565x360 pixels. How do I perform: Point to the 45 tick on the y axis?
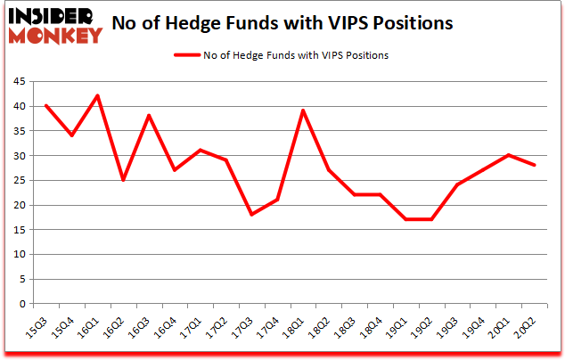point(19,82)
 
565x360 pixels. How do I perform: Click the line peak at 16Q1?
point(97,95)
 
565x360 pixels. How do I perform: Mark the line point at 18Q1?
point(304,110)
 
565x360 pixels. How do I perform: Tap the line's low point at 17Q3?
point(252,214)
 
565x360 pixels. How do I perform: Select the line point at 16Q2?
point(123,180)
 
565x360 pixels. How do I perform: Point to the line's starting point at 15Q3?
point(45,105)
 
